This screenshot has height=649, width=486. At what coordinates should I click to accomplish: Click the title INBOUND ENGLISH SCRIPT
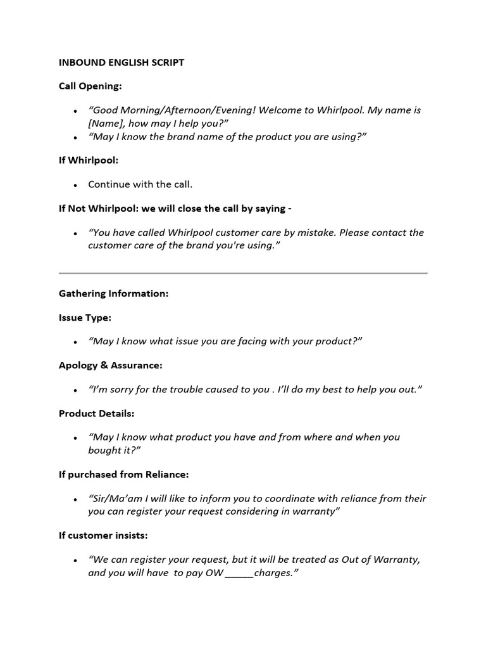tap(121, 63)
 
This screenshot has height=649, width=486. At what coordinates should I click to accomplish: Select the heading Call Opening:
tap(90, 86)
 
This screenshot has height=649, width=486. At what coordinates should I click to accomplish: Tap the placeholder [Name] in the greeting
tap(106, 124)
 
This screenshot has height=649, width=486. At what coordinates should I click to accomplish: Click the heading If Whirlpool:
tap(89, 161)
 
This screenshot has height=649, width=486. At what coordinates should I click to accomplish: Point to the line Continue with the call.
tap(140, 184)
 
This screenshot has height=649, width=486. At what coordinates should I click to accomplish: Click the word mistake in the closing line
tap(313, 233)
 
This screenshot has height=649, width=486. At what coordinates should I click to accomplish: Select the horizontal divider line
tap(243, 273)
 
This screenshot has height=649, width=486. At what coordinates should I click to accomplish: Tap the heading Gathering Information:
tap(114, 294)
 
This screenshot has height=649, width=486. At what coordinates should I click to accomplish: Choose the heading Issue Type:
tap(85, 318)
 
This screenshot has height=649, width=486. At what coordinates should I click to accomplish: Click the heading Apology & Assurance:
tap(111, 366)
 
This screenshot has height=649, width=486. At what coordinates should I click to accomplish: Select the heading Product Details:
tap(97, 413)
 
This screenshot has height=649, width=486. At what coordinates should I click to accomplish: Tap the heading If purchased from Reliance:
tap(124, 474)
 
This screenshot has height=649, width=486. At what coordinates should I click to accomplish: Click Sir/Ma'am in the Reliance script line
tap(114, 499)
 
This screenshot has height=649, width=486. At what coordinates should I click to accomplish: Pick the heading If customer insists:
tap(103, 536)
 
